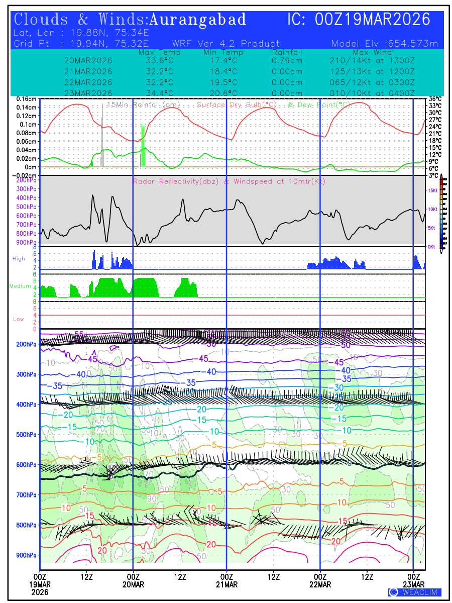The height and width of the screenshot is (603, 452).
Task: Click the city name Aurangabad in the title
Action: coord(198,20)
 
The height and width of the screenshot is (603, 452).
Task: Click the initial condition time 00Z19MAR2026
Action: coord(373,20)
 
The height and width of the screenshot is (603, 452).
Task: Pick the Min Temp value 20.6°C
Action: coord(223,93)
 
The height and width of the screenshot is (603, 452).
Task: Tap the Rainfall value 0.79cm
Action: coord(287,60)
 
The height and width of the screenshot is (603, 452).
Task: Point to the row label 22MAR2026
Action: coord(88,82)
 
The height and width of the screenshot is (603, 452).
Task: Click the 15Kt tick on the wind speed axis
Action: coord(431,190)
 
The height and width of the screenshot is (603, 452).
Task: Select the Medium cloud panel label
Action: coord(20,286)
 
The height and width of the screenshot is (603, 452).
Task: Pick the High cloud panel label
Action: coord(18,259)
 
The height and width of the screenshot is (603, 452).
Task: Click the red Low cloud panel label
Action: coord(18,319)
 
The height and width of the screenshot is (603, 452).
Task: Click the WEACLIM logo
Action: coord(415,592)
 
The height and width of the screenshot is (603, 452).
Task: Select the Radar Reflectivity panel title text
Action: coord(229,181)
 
